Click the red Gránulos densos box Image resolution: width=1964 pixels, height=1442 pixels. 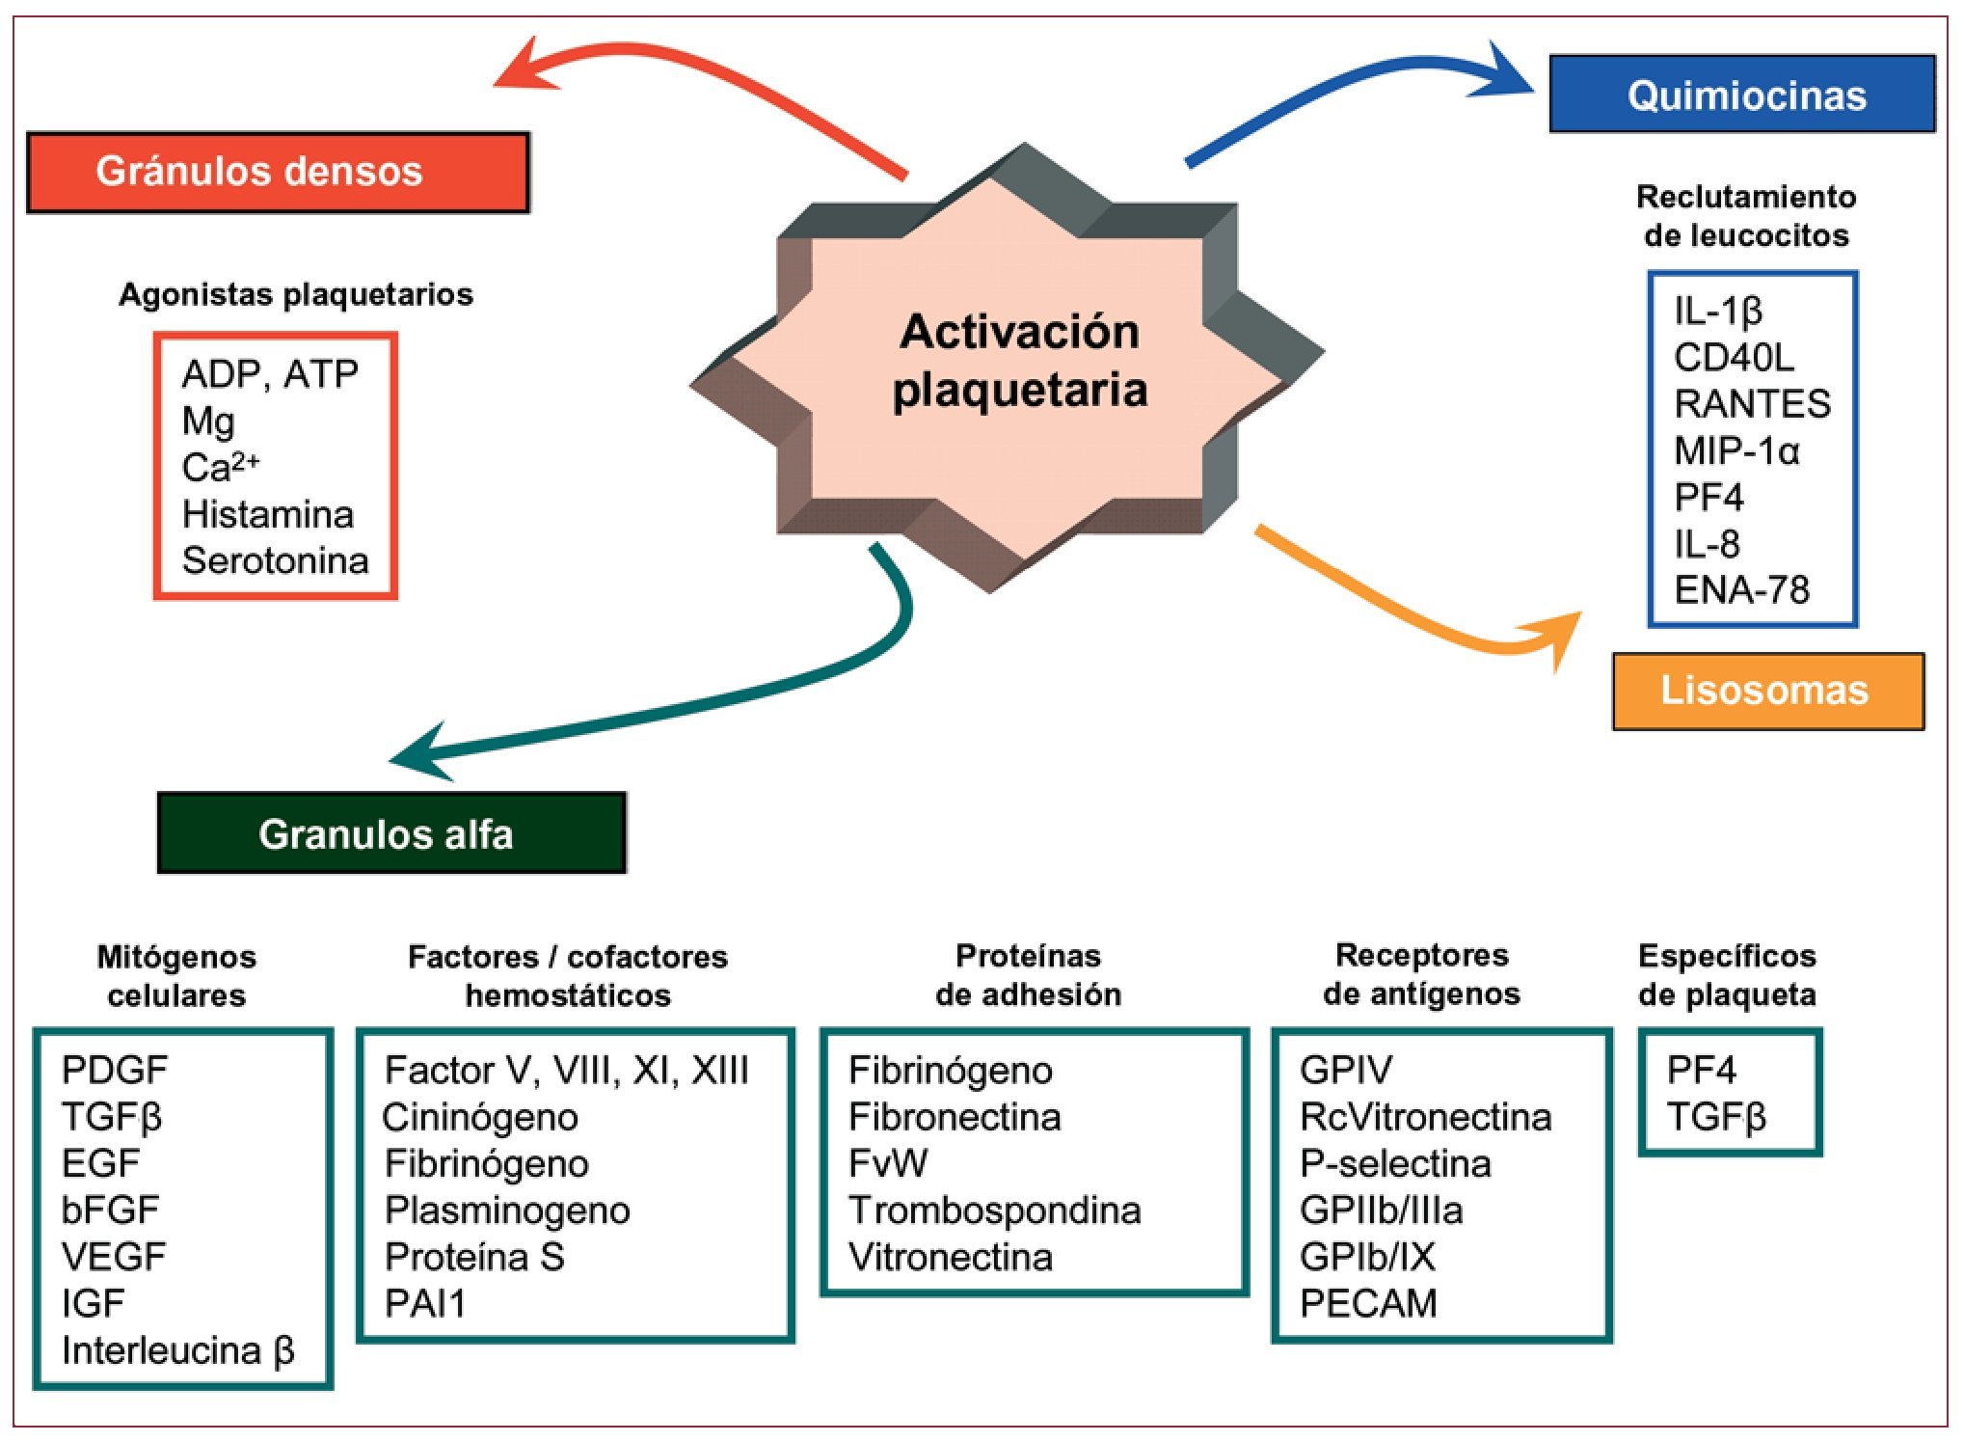point(278,172)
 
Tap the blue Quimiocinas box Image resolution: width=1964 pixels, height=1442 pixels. point(1741,94)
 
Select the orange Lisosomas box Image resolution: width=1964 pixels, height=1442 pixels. point(1767,691)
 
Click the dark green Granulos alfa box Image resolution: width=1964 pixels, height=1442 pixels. point(391,833)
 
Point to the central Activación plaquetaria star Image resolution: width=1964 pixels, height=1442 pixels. point(1007,367)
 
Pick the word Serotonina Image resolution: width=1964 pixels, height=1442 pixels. point(276,560)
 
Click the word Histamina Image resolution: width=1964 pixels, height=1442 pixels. point(268,514)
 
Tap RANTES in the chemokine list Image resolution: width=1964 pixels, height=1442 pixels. point(1752,404)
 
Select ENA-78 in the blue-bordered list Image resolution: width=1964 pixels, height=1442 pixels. point(1741,589)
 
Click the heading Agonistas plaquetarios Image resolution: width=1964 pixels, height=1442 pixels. point(296,295)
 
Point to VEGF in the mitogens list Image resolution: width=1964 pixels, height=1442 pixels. point(114,1257)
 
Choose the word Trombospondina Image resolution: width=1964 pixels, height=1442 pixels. point(994,1211)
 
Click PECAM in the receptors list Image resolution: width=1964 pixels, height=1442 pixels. point(1368,1303)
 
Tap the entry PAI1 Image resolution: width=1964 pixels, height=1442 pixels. point(425,1304)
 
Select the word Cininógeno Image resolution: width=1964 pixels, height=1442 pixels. point(480,1118)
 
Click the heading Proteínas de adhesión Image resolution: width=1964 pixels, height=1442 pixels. point(1028,975)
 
